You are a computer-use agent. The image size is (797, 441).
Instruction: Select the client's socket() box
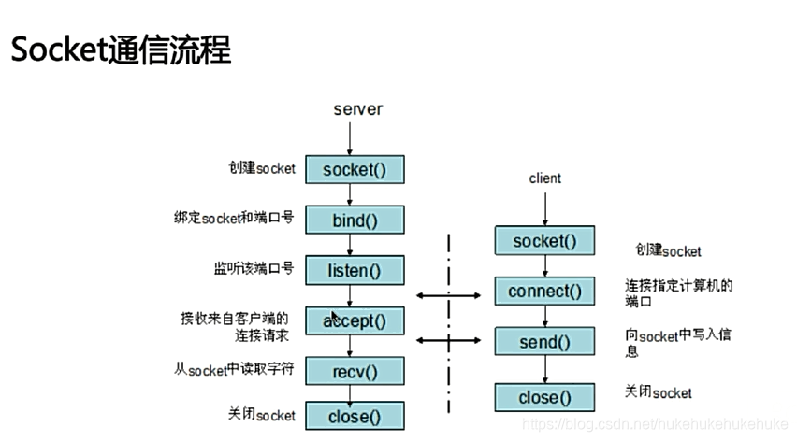coord(544,241)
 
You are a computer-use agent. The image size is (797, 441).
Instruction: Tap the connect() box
coord(544,292)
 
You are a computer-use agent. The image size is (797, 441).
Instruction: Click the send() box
coord(544,342)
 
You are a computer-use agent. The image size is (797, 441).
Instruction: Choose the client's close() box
coord(544,398)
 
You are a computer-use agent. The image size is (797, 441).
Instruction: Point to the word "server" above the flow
coord(357,109)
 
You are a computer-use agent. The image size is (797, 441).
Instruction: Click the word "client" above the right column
coord(544,178)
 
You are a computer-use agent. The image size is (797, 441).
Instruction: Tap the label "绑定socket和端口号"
coord(233,218)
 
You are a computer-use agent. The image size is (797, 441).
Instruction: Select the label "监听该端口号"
coord(254,269)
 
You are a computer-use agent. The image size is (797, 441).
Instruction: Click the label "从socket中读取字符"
coord(234,369)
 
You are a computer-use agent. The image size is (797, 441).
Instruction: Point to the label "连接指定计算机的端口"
coord(678,292)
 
